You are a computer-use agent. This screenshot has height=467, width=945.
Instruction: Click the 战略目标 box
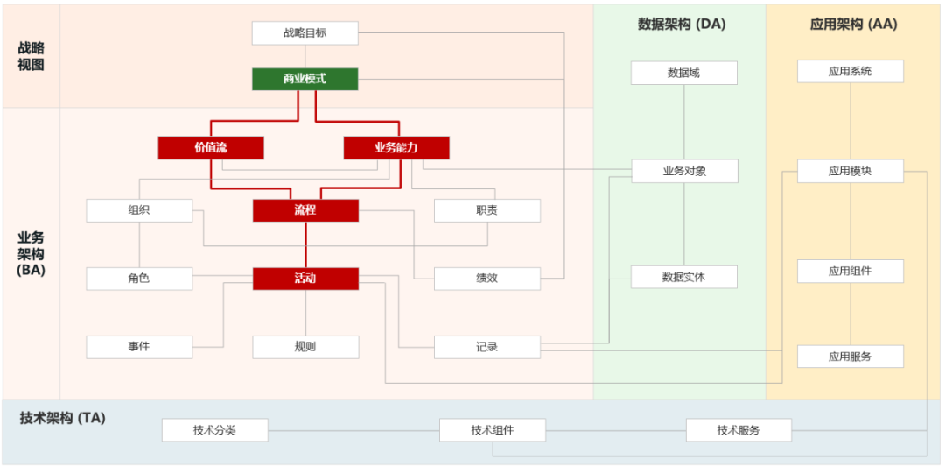(304, 33)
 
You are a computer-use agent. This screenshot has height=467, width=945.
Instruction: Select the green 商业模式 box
(304, 79)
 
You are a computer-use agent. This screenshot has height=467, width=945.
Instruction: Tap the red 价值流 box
(210, 148)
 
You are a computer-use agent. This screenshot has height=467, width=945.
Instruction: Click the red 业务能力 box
(395, 148)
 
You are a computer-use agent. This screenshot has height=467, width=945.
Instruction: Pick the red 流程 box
(305, 210)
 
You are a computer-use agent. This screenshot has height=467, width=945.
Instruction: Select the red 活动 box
(305, 279)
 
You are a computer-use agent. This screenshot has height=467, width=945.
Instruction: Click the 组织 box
(139, 210)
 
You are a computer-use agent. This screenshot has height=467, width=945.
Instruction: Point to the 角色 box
(139, 279)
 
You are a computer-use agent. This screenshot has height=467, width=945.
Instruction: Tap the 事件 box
(139, 347)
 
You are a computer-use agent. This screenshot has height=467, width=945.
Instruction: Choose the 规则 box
(305, 347)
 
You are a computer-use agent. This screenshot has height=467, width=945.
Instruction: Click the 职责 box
(487, 210)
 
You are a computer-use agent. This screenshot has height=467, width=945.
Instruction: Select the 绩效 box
(487, 279)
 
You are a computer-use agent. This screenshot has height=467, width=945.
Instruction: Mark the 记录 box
(487, 347)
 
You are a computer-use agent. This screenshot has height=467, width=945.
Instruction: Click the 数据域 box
(683, 73)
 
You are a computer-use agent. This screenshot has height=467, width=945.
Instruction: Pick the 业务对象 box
(683, 171)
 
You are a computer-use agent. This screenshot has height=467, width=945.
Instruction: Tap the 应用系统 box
(850, 71)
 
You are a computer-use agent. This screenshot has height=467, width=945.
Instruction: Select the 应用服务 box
(850, 357)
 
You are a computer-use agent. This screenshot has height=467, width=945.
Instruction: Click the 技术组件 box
(492, 430)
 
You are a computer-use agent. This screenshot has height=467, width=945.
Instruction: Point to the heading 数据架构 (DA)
(682, 25)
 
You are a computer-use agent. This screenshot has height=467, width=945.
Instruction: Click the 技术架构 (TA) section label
(62, 418)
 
